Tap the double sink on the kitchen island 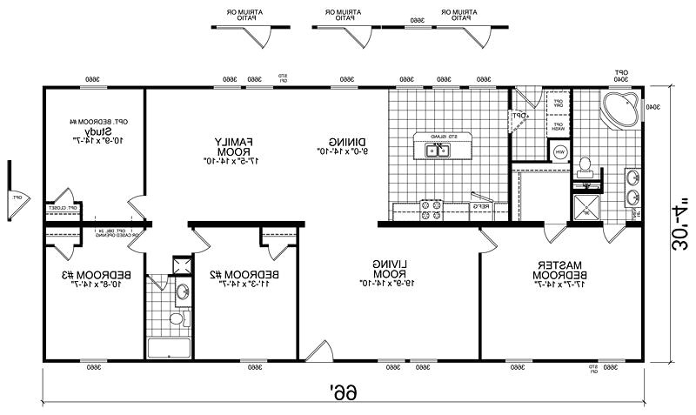click(x=437, y=151)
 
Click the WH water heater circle click(x=561, y=154)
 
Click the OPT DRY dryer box click(x=557, y=104)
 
